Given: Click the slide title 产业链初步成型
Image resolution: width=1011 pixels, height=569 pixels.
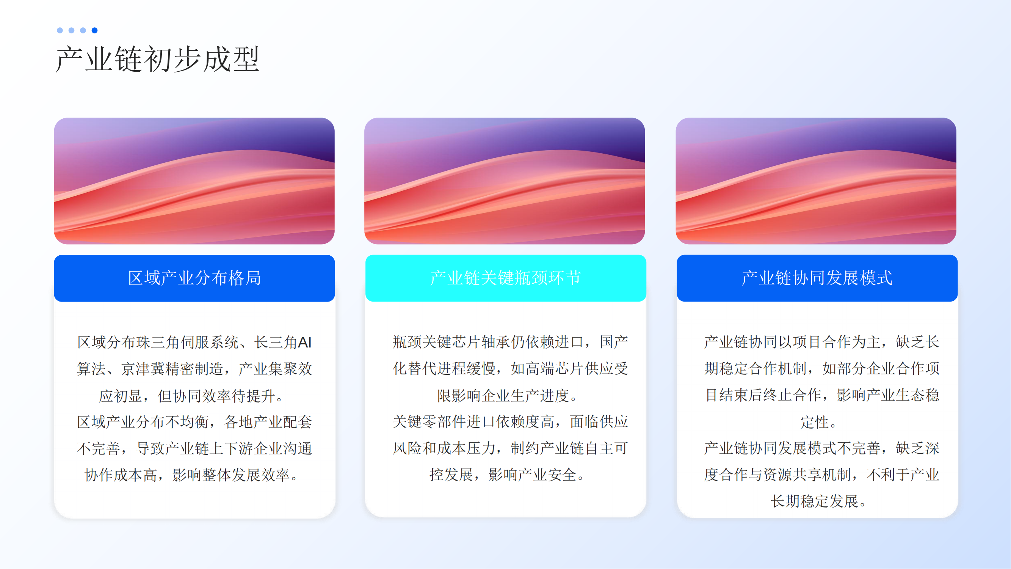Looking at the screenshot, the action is click(158, 59).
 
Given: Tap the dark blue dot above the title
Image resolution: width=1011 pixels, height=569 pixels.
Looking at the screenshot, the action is click(95, 30).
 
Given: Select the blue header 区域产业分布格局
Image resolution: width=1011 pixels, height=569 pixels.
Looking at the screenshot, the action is click(194, 278).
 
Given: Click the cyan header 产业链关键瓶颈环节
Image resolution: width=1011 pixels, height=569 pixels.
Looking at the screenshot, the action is click(506, 278).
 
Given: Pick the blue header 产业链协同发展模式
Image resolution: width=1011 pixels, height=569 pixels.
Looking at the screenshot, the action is click(817, 278).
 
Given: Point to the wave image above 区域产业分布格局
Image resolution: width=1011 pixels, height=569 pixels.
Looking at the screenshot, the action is click(194, 181).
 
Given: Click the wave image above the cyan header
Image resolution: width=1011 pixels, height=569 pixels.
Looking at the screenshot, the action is click(505, 181).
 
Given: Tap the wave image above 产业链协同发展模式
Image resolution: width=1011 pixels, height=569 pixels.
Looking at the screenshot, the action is click(816, 181).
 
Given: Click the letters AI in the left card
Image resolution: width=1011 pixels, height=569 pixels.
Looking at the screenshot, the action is click(305, 343).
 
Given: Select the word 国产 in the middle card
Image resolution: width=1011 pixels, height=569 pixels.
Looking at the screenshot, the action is click(614, 342).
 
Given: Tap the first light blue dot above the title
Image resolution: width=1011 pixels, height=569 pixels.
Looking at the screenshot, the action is click(60, 30).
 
